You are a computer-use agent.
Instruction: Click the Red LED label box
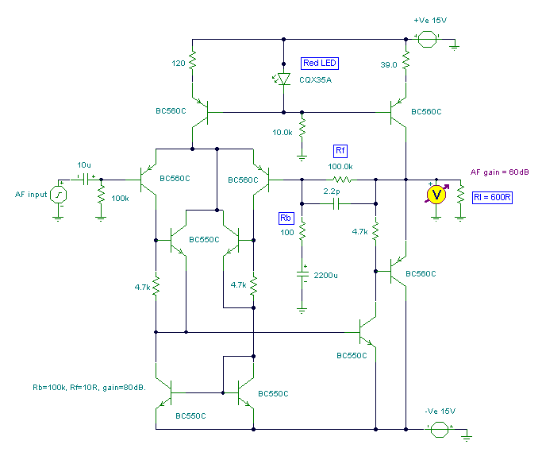(x=321, y=63)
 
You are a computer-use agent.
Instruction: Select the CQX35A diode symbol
(x=284, y=79)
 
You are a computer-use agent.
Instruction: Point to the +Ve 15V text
(x=430, y=18)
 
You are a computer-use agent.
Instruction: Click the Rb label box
(x=286, y=218)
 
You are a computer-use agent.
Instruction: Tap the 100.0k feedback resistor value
(x=341, y=167)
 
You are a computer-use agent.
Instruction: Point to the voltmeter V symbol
(x=435, y=194)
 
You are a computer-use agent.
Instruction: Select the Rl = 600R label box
(x=492, y=194)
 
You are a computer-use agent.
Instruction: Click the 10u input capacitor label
(x=83, y=164)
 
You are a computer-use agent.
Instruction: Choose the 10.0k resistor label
(x=284, y=131)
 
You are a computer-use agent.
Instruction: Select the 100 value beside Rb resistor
(x=287, y=233)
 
